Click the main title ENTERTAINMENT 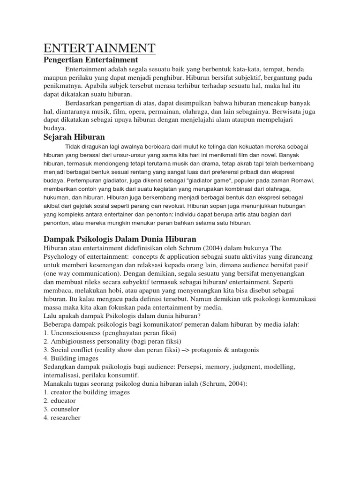click(99, 48)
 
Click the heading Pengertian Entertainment click(91, 60)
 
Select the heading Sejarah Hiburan click(74, 137)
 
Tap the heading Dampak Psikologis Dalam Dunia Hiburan click(120, 239)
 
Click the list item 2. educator click(60, 401)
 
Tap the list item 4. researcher click(62, 418)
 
